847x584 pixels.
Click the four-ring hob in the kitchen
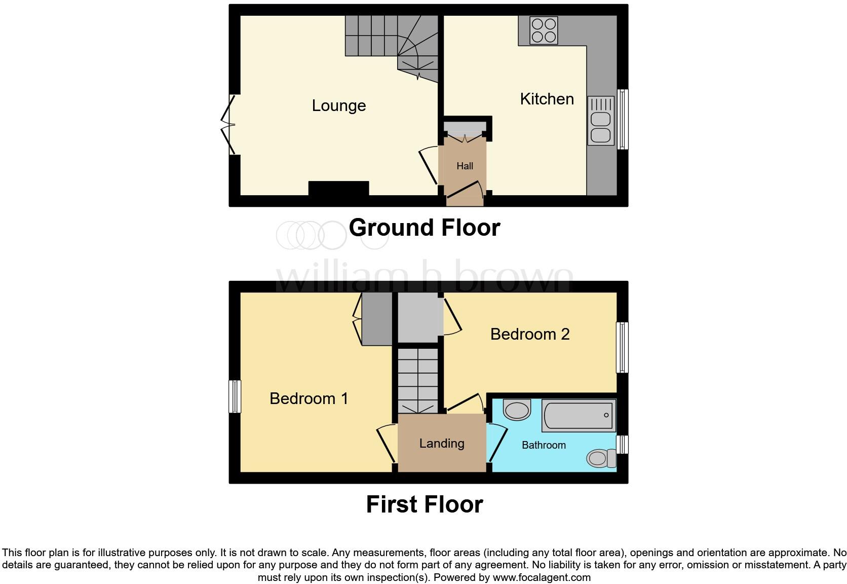point(544,30)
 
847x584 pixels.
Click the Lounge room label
point(338,105)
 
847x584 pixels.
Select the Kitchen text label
point(547,99)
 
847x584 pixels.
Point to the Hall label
point(465,166)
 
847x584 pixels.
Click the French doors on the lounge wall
point(229,124)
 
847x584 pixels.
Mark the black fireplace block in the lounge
point(338,188)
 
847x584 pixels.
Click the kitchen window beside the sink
point(623,120)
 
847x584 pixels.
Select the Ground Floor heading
point(424,228)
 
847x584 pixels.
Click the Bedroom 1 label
point(309,398)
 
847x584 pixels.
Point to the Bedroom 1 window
point(235,396)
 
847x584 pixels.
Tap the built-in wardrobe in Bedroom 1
point(376,319)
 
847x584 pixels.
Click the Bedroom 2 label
point(529,334)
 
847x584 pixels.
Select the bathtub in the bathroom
point(579,415)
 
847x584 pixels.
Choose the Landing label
point(441,444)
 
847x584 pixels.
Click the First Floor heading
point(424,504)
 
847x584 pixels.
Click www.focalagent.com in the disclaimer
point(541,577)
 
